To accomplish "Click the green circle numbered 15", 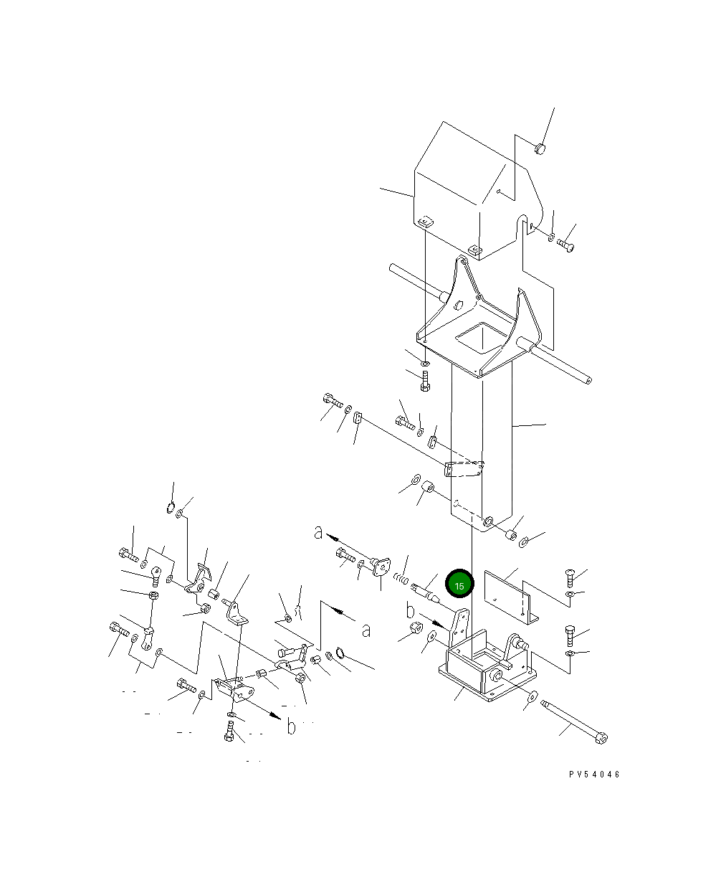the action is tap(459, 583).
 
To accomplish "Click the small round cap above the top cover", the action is tap(540, 148).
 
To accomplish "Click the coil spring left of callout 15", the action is tap(401, 579).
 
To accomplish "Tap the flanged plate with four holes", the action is tap(381, 567).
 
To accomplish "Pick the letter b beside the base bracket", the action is tap(410, 611).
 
